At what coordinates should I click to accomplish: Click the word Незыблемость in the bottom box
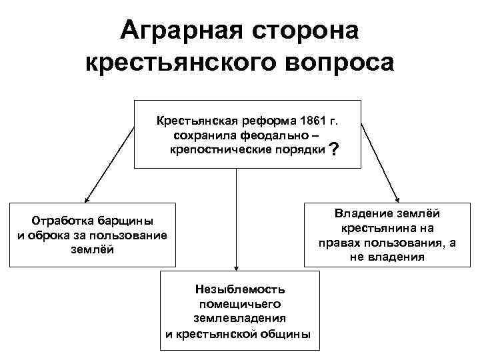240,289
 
